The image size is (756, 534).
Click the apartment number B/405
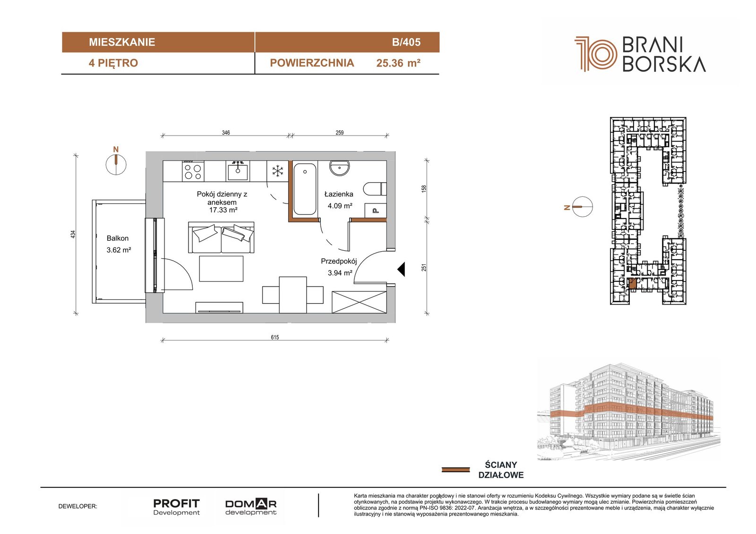pyautogui.click(x=406, y=42)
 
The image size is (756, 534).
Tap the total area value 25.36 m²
pyautogui.click(x=398, y=63)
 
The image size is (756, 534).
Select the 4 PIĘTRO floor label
pyautogui.click(x=113, y=63)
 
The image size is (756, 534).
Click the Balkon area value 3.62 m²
pyautogui.click(x=119, y=250)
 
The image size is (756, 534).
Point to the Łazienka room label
pyautogui.click(x=338, y=194)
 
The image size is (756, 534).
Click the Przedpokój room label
pyautogui.click(x=338, y=261)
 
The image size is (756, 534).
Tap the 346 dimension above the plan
pyautogui.click(x=226, y=133)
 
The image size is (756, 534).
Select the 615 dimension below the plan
pyautogui.click(x=275, y=337)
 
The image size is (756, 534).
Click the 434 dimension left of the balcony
pyautogui.click(x=73, y=235)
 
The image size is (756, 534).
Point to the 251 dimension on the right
pyautogui.click(x=424, y=267)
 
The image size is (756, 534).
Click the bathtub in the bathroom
pyautogui.click(x=305, y=189)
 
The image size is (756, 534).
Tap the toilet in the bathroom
pyautogui.click(x=375, y=189)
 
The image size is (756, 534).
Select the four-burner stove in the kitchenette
pyautogui.click(x=193, y=171)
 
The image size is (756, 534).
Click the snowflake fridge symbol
pyautogui.click(x=278, y=171)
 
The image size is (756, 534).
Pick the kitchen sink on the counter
pyautogui.click(x=238, y=171)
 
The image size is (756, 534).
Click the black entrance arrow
pyautogui.click(x=401, y=269)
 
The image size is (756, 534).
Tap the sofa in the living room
pyautogui.click(x=221, y=237)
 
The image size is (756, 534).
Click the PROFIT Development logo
pyautogui.click(x=177, y=507)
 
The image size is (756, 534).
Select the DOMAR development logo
pyautogui.click(x=251, y=507)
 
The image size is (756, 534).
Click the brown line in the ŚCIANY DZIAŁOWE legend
pyautogui.click(x=455, y=470)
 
